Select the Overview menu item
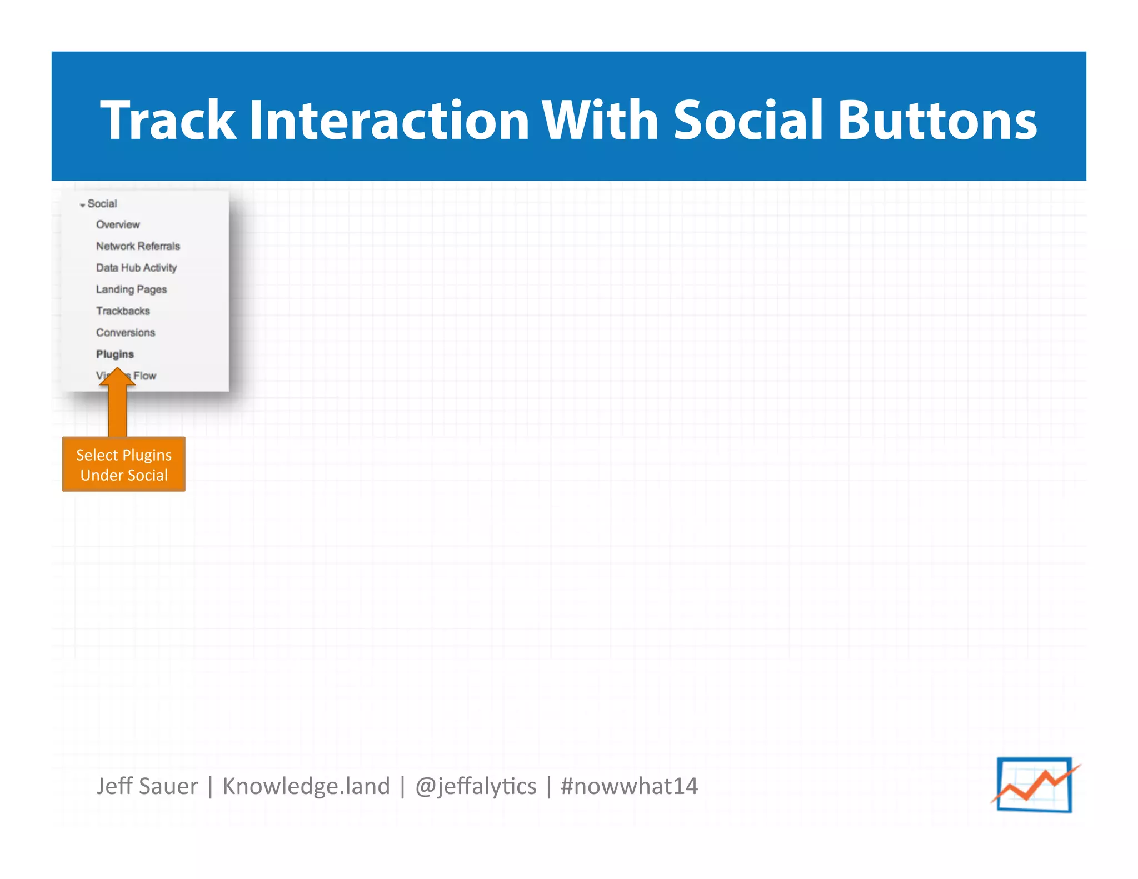118,224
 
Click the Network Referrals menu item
138,246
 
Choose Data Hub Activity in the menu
136,268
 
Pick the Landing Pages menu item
131,289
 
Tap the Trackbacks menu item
123,311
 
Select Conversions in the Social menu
126,333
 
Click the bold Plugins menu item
115,354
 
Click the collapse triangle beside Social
82,205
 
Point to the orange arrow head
117,377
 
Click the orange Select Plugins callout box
123,465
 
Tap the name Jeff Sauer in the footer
147,786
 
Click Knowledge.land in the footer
306,786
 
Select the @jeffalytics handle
476,786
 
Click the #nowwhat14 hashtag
629,786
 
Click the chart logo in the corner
1035,785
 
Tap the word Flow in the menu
145,376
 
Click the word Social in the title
747,120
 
